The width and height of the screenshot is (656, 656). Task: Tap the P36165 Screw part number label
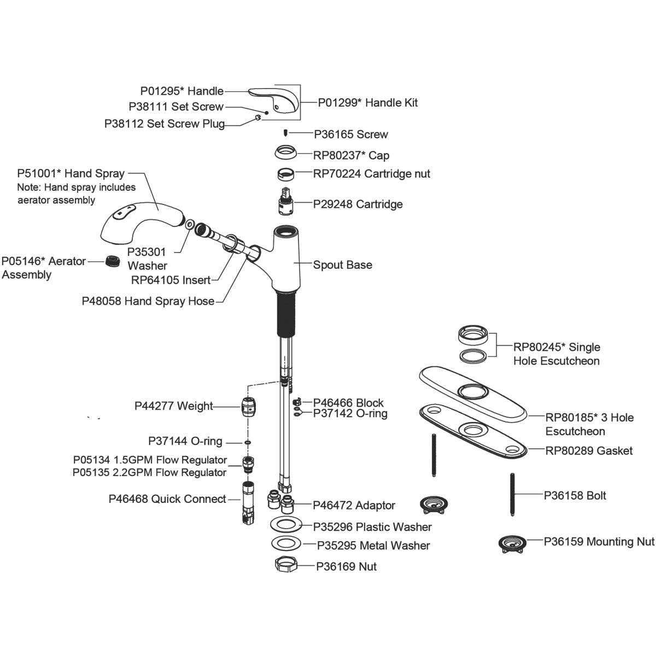tap(350, 134)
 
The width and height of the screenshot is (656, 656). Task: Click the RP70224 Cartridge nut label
tap(371, 174)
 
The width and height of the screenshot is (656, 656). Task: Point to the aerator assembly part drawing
tap(113, 261)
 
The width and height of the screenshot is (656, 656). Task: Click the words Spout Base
tap(342, 265)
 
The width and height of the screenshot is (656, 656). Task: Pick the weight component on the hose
tap(249, 406)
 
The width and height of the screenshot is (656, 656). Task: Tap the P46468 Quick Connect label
tap(167, 499)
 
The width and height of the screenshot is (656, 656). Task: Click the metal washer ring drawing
tap(286, 544)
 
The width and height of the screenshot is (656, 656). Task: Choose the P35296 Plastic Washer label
tap(372, 527)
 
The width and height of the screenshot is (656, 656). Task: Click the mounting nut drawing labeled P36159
tap(513, 544)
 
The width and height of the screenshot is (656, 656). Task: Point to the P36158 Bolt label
tap(575, 496)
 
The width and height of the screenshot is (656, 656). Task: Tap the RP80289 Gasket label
tap(589, 451)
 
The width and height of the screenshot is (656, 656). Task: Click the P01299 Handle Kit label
tap(367, 103)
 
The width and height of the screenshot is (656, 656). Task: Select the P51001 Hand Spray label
tap(71, 174)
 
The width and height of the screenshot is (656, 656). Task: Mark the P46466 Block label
tap(348, 403)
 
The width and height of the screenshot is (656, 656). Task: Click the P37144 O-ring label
tap(185, 441)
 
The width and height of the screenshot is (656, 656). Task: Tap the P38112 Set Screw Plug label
tap(165, 124)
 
